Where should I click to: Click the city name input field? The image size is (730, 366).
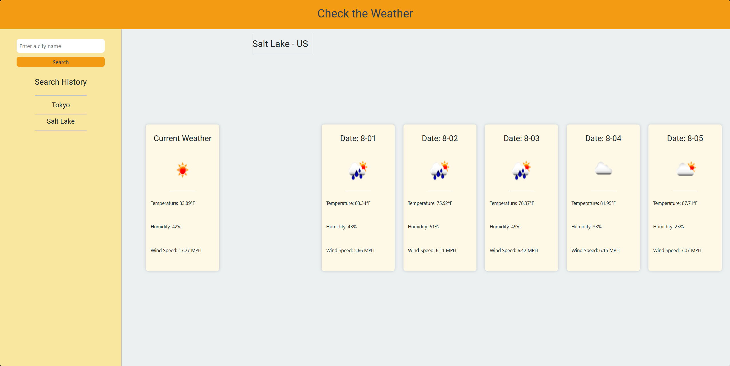[60, 46]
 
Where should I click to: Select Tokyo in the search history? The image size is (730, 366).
[61, 105]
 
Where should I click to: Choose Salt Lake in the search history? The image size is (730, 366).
[61, 121]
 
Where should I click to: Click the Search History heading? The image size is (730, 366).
[61, 82]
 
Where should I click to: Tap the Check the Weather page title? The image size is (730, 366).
[365, 13]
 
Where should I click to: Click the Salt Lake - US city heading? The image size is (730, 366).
[280, 44]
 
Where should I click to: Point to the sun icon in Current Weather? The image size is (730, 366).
[183, 170]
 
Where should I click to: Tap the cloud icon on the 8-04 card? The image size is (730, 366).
[603, 169]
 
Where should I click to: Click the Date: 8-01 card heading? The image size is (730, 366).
[358, 139]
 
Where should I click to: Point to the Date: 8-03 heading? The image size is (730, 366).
[521, 139]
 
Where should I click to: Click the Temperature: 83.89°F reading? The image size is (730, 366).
[173, 203]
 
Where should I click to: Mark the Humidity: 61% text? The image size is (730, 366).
[423, 227]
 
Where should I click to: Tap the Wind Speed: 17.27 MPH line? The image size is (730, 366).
[176, 250]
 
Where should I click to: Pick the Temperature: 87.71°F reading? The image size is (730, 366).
[675, 203]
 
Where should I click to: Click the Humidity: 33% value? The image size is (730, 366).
[587, 227]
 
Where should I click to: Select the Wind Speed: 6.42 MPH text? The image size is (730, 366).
[514, 250]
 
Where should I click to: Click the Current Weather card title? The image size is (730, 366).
[183, 139]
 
